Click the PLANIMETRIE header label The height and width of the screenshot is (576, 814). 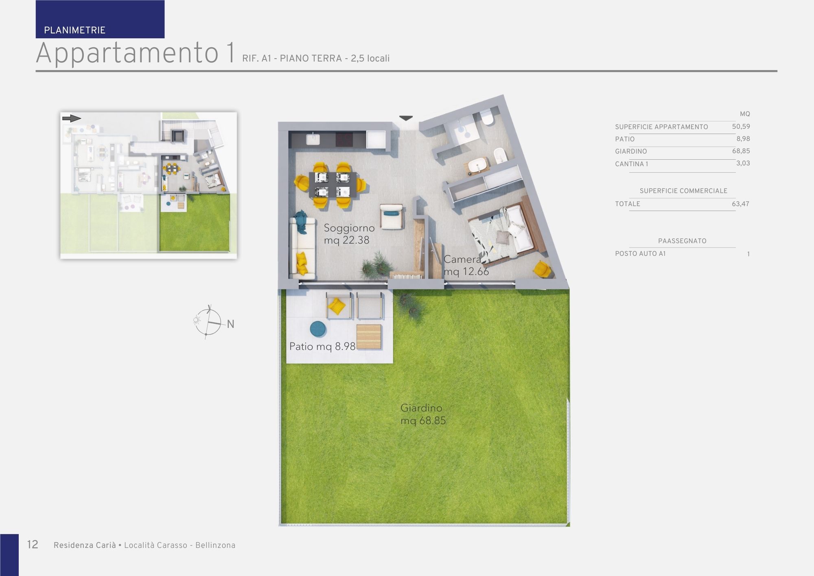coord(74,30)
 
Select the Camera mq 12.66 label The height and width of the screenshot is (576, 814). coord(466,265)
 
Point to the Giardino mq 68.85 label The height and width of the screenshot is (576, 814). coord(423,414)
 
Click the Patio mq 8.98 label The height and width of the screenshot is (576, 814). coord(322,346)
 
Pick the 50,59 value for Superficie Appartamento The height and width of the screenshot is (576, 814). coord(741,126)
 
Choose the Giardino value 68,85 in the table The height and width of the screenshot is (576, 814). coord(741,151)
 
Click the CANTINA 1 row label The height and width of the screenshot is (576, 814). coord(631,164)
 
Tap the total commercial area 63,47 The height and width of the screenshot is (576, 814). coord(740,204)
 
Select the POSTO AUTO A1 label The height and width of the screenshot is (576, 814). coord(640,253)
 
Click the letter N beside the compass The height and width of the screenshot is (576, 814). coord(230,324)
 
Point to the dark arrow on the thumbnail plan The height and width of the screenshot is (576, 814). coord(72,119)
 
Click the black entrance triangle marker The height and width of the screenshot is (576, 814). coord(406,118)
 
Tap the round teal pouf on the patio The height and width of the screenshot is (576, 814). coord(318,329)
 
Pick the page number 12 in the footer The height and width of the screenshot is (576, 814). coord(33,545)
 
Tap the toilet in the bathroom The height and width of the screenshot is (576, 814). coord(487,118)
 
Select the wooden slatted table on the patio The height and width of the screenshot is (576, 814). coord(369,337)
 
